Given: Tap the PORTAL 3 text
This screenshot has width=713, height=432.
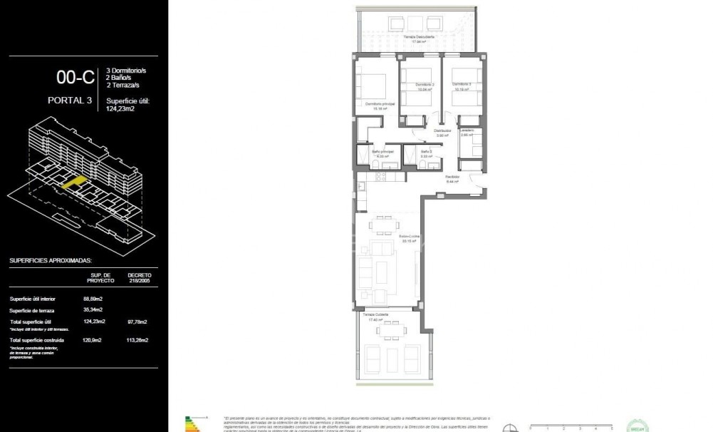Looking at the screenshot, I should click(x=70, y=101).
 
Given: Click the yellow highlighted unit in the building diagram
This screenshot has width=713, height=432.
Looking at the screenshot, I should click(x=74, y=182).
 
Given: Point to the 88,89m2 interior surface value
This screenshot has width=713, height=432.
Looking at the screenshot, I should click(x=93, y=298).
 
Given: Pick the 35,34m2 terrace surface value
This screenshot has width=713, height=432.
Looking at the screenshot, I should click(x=93, y=309).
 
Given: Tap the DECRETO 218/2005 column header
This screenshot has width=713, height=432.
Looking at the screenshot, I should click(x=139, y=277).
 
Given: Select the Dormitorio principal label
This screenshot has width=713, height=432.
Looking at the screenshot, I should click(x=380, y=105).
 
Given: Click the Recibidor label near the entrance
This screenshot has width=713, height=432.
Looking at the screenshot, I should click(x=452, y=177).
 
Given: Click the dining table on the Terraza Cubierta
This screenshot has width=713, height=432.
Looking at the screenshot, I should click(x=390, y=329).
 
